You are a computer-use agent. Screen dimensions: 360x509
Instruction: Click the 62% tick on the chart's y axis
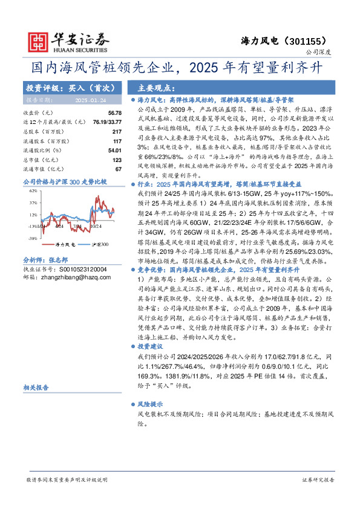coord(32,190)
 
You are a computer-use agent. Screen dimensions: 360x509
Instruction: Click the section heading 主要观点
coord(156,87)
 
